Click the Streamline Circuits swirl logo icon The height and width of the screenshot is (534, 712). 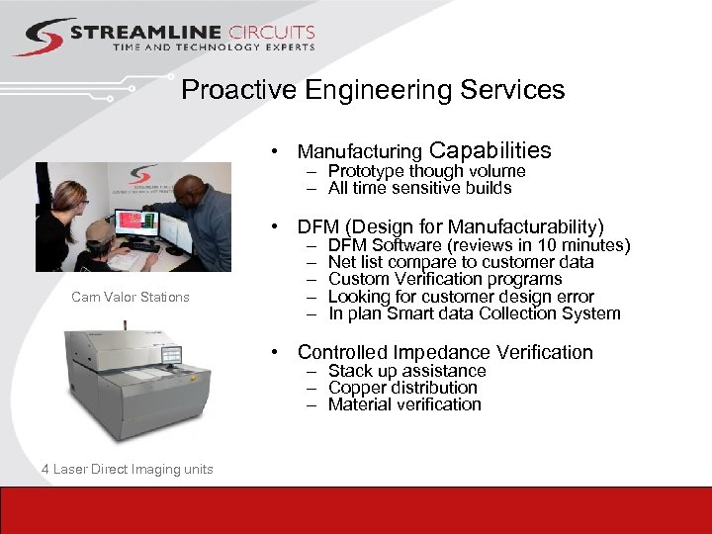(42, 37)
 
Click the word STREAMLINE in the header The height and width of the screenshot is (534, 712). (138, 33)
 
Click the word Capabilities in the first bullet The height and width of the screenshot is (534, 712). (490, 150)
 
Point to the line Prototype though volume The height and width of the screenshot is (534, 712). (426, 171)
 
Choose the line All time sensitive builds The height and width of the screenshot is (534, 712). (419, 188)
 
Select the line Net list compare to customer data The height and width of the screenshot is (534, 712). (461, 262)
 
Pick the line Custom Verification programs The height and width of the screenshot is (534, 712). (445, 279)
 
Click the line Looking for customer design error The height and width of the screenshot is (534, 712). (461, 297)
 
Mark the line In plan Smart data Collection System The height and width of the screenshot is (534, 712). (475, 313)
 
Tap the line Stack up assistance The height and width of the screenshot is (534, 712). (407, 371)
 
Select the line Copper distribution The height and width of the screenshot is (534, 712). (402, 388)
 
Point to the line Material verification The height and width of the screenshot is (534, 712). (404, 404)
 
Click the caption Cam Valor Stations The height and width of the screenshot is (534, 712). (131, 297)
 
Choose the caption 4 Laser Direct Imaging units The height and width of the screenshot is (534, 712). (128, 469)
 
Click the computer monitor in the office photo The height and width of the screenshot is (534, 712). (135, 222)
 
